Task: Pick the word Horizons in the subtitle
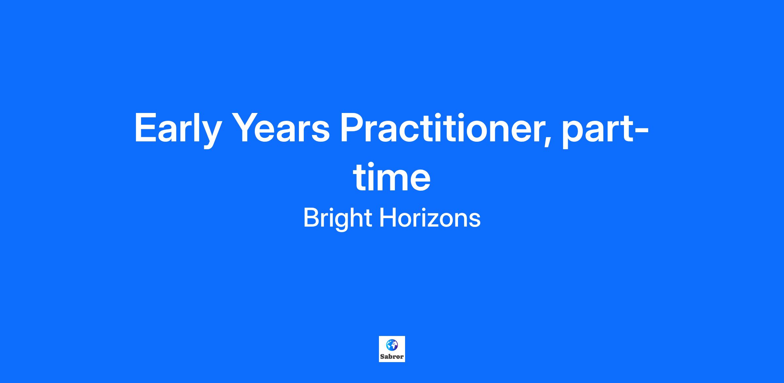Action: [430, 218]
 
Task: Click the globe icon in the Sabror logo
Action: [392, 344]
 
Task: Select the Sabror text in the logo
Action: [392, 357]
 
